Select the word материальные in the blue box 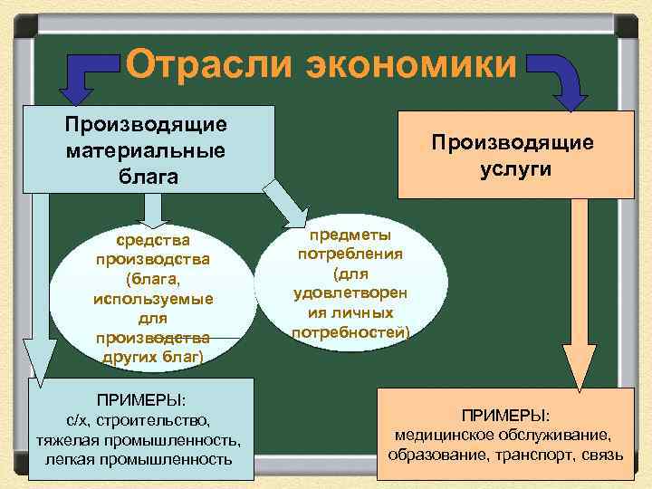click(x=146, y=149)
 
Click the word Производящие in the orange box click(x=513, y=142)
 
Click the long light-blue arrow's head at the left click(x=38, y=357)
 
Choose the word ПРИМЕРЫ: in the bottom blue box click(x=140, y=398)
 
